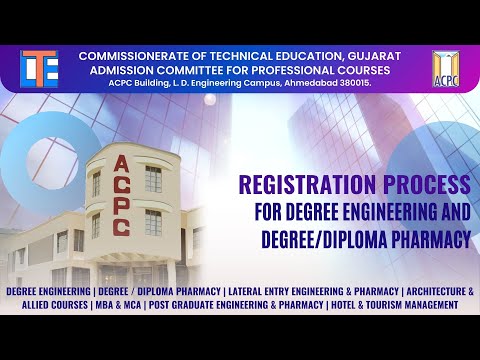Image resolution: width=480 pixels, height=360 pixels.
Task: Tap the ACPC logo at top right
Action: pyautogui.click(x=447, y=68)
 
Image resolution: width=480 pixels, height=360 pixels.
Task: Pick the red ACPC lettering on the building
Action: pyautogui.click(x=120, y=194)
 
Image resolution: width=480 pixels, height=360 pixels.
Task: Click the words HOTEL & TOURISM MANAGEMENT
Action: pyautogui.click(x=396, y=303)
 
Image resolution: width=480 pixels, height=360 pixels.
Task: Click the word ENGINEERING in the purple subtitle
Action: pyautogui.click(x=379, y=213)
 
